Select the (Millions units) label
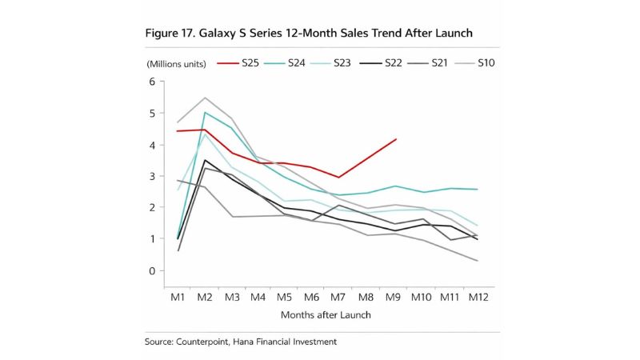(x=175, y=63)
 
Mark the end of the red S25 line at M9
(x=396, y=139)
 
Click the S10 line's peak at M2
(x=205, y=98)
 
